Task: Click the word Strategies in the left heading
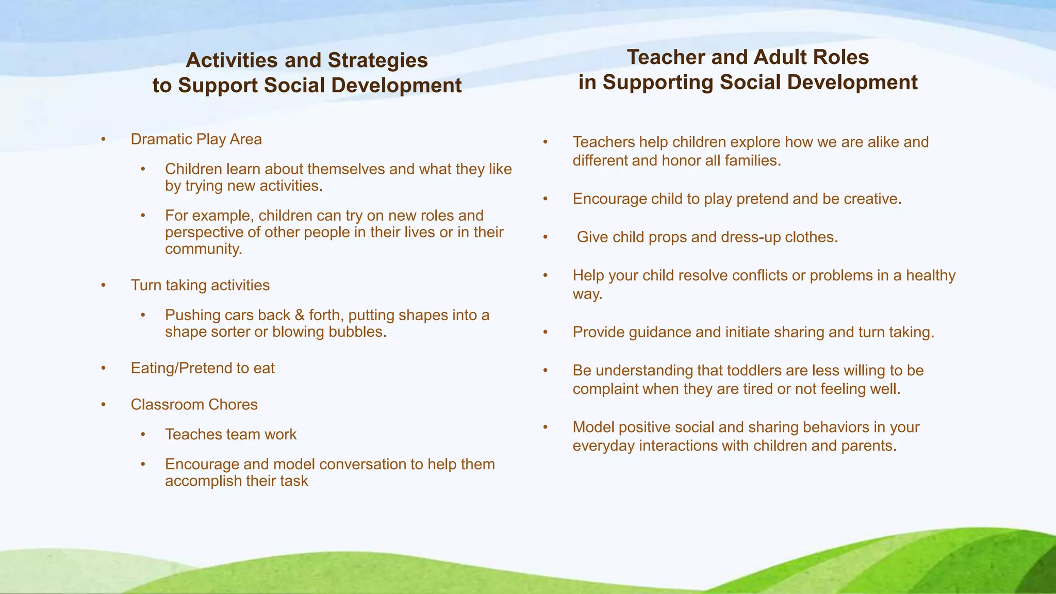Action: tap(377, 60)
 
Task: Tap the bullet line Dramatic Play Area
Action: tap(196, 139)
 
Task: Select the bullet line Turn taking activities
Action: tap(200, 285)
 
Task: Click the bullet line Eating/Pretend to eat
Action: tap(203, 368)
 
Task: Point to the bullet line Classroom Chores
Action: tap(194, 404)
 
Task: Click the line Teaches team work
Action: tap(230, 434)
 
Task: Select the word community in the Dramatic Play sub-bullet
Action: tap(203, 249)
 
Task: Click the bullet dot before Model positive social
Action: tap(546, 427)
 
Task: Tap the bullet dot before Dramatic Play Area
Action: tap(104, 139)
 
